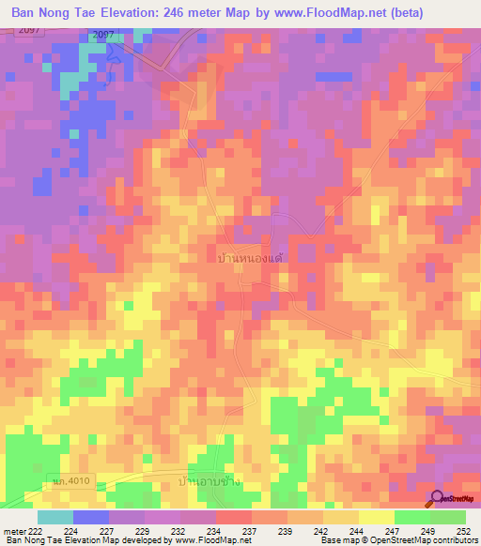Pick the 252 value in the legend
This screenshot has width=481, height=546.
coord(462,530)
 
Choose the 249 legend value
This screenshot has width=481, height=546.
coord(428,530)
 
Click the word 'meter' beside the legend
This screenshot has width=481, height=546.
coord(14,530)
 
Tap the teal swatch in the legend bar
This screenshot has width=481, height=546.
coord(54,517)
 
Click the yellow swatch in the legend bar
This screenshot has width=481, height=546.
coord(376,517)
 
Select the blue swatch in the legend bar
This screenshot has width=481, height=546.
coord(90,517)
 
